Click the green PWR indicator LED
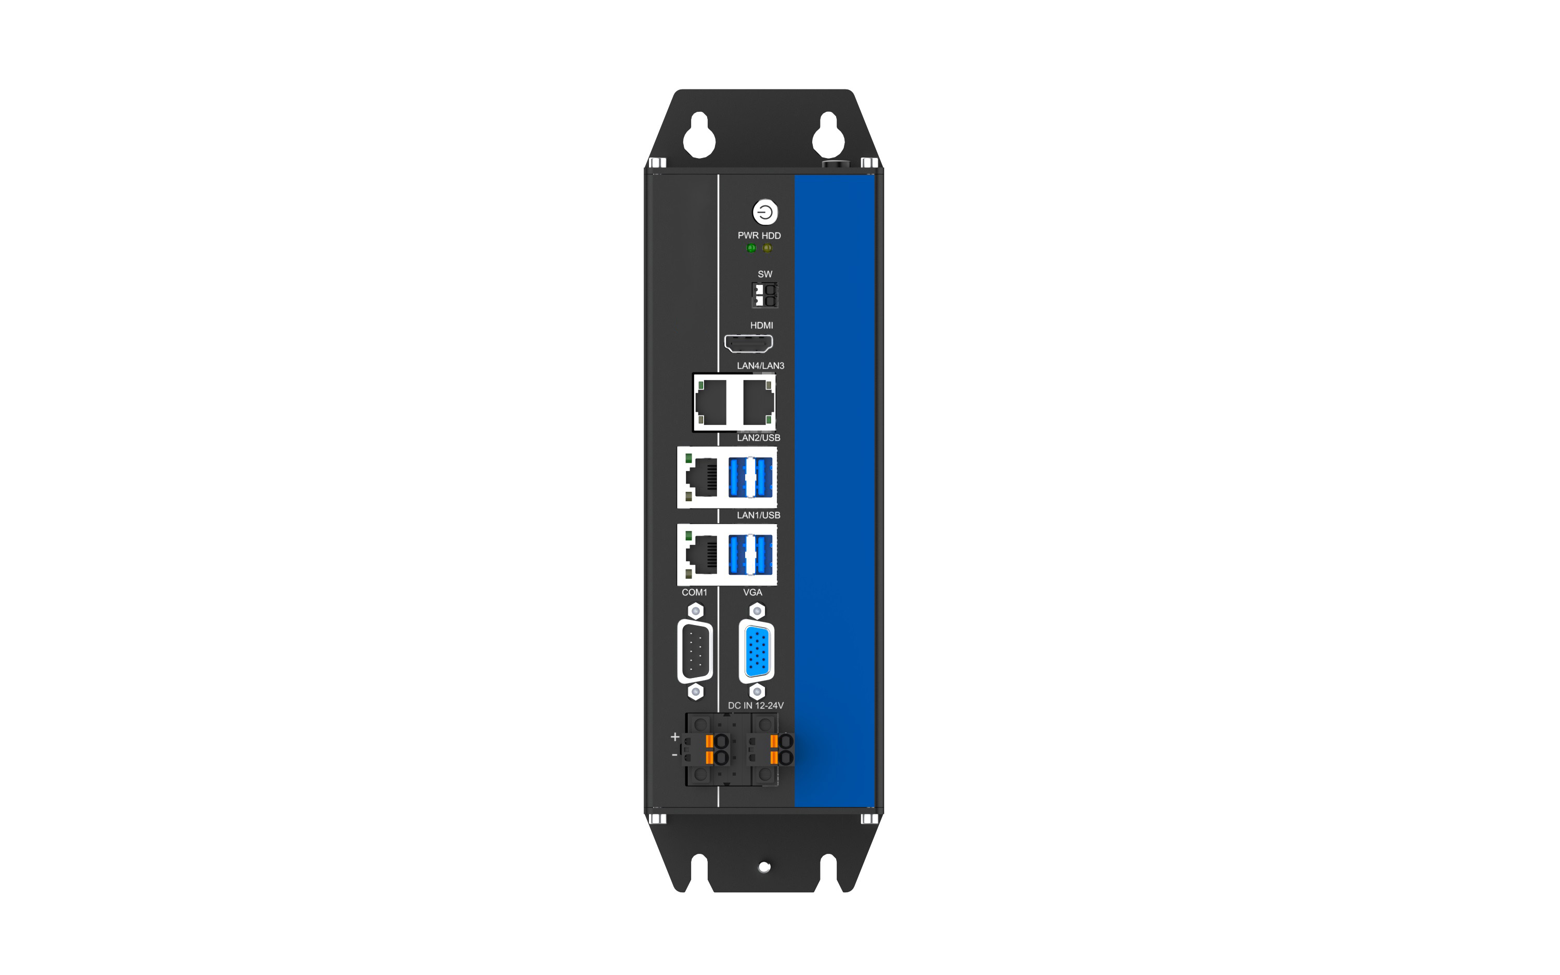point(751,248)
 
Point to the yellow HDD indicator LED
point(767,248)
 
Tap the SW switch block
point(764,295)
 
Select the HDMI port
point(748,344)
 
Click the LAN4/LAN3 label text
point(761,366)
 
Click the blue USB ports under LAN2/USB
point(750,477)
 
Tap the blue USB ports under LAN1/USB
point(750,554)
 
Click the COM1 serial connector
point(695,651)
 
